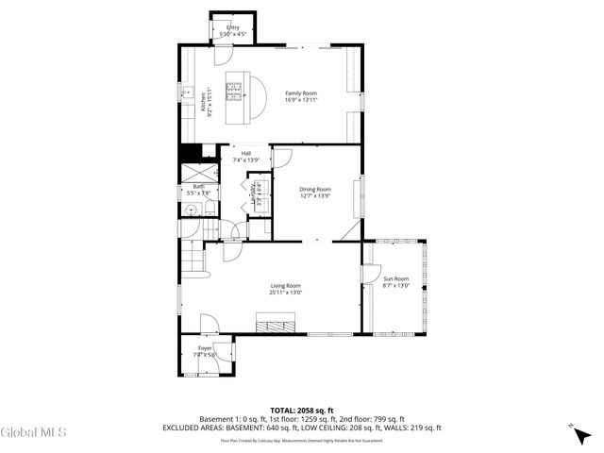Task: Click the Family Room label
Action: [x=301, y=92]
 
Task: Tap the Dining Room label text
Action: [x=315, y=190]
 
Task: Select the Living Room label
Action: [x=285, y=285]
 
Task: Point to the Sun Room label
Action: [x=395, y=278]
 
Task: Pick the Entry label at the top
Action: [x=232, y=27]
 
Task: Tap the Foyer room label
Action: [x=205, y=348]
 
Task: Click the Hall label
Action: [x=245, y=154]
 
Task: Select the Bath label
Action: [x=199, y=187]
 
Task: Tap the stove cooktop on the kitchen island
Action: [x=234, y=92]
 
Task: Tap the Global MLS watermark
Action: [x=33, y=432]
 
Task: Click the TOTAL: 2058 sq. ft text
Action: [x=301, y=411]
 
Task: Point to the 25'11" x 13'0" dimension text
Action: [x=285, y=293]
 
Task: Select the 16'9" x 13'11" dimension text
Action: [x=301, y=99]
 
